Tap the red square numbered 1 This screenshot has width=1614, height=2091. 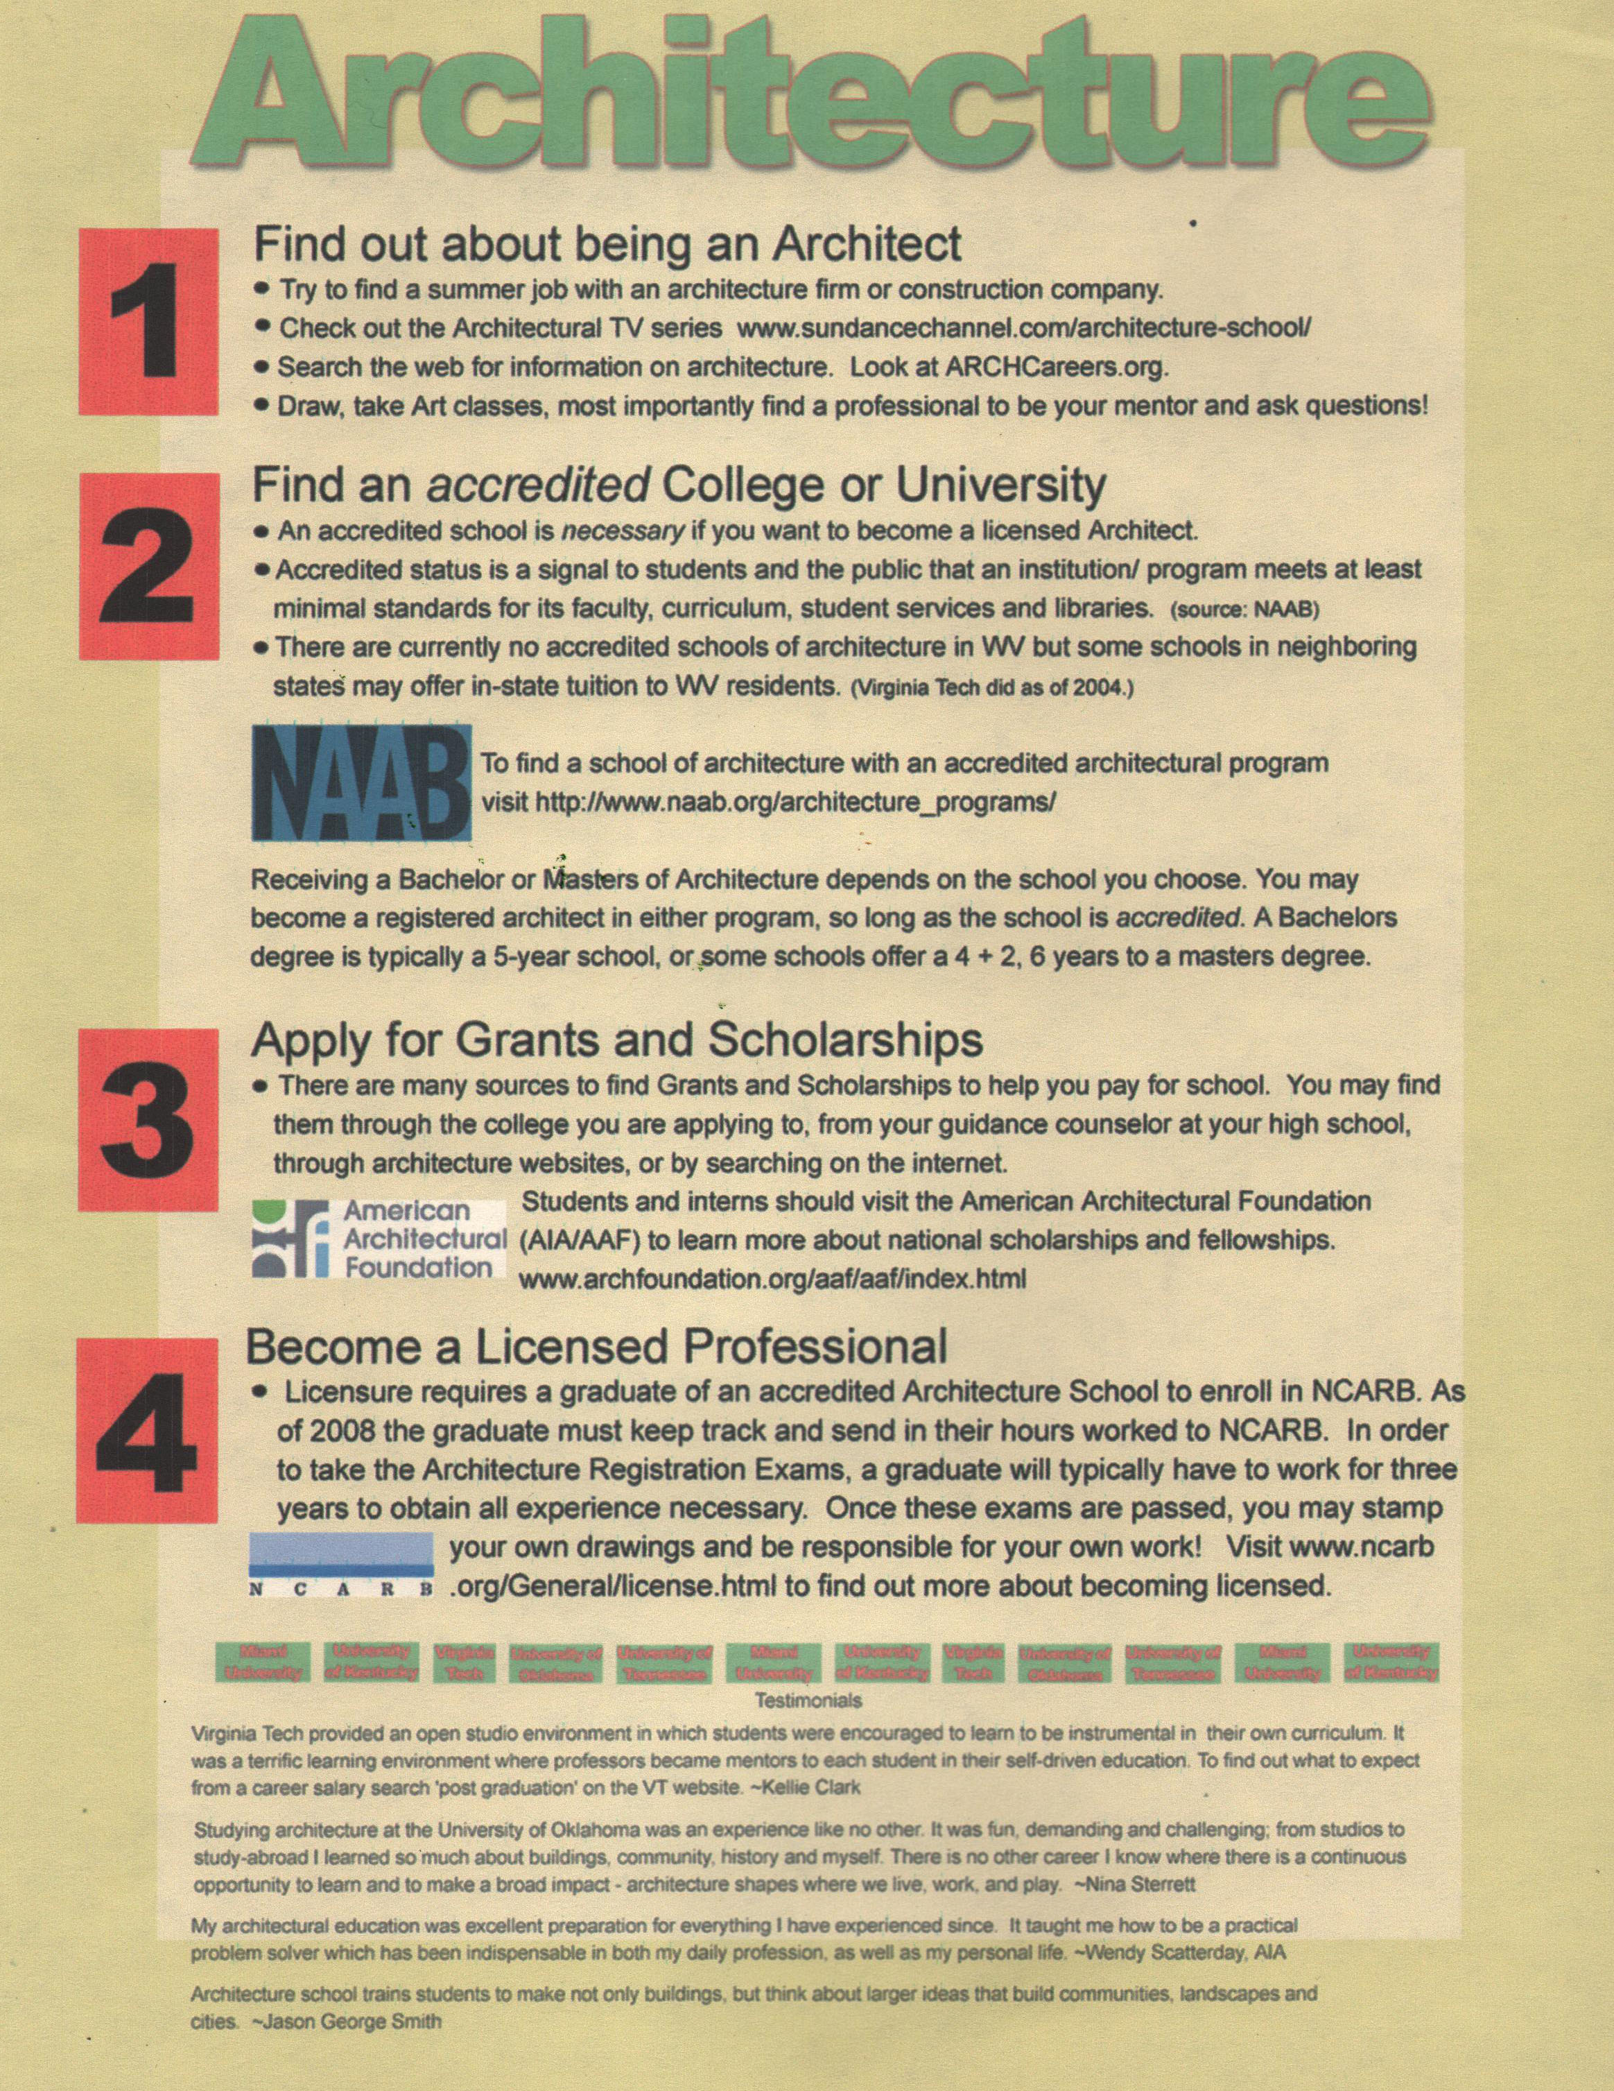[148, 320]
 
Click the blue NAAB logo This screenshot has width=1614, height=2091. [362, 782]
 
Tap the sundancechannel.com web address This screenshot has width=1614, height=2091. [1023, 327]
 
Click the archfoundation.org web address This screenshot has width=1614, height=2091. [772, 1279]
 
